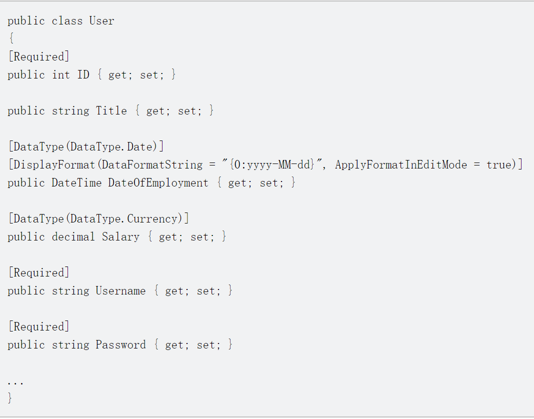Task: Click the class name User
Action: (101, 21)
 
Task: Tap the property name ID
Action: (83, 75)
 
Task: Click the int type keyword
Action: (61, 75)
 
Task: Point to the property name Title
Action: (111, 111)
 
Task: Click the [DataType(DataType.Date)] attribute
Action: (85, 147)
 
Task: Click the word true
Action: (499, 165)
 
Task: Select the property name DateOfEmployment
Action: (158, 183)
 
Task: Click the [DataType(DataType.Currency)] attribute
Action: (98, 219)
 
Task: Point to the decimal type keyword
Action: (73, 237)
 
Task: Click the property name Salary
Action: (120, 237)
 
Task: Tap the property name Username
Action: (120, 291)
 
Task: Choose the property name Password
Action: (120, 345)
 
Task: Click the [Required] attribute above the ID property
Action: (38, 57)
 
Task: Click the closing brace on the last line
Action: (10, 398)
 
